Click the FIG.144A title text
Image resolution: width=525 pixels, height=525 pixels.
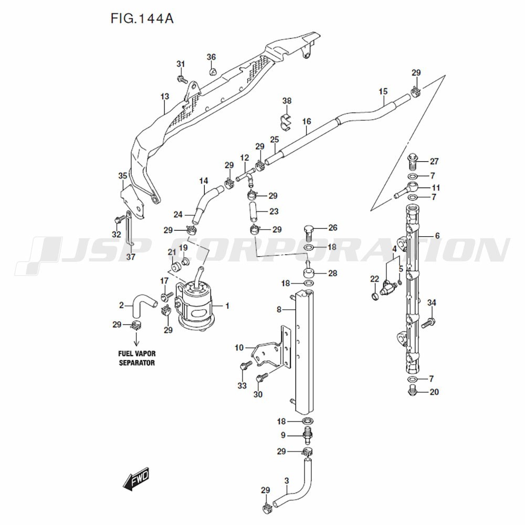tap(142, 19)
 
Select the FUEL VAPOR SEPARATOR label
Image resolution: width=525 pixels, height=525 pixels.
tap(136, 358)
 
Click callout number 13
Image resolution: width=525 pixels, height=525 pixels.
tap(165, 97)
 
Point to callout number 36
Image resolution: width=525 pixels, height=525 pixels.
tap(211, 57)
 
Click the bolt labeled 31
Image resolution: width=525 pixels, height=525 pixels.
tap(182, 79)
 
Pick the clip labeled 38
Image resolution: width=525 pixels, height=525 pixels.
tap(286, 120)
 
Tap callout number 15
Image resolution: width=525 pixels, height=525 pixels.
tap(383, 92)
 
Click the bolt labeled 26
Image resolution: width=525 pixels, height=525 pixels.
tap(309, 230)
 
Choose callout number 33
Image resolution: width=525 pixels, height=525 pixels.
tap(241, 386)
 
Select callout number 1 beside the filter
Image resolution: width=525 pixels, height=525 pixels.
tap(227, 306)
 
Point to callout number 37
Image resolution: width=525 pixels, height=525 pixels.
tap(131, 257)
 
